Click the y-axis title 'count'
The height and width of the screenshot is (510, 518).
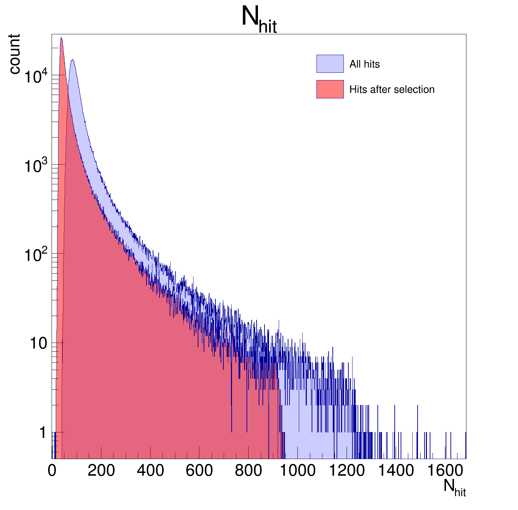click(15, 54)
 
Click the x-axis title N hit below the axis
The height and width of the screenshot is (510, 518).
click(454, 488)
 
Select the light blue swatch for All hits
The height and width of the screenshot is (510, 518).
click(330, 64)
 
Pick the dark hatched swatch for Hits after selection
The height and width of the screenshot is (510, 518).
click(330, 89)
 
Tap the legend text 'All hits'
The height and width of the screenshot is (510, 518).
click(364, 64)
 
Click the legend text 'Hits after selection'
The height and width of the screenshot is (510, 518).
click(392, 89)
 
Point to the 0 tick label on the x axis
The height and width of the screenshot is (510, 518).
click(52, 471)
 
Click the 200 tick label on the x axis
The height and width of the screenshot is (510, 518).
click(101, 471)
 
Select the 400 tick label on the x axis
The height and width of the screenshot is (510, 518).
click(150, 471)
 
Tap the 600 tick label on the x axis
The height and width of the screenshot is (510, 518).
click(199, 471)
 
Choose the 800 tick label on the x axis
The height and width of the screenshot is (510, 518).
click(249, 471)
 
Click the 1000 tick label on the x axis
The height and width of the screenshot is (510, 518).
click(297, 471)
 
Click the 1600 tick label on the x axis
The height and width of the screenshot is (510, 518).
click(445, 471)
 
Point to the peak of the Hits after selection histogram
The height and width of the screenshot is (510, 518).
click(61, 38)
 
